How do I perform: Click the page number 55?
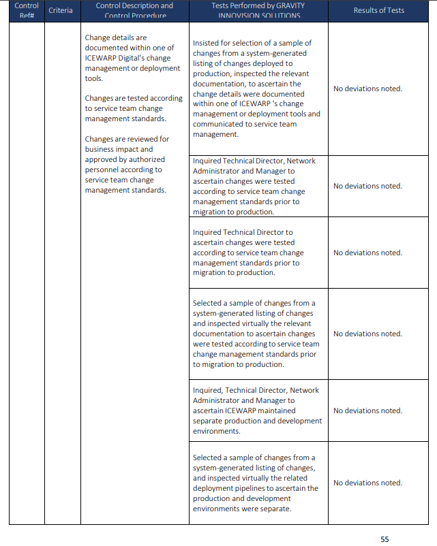[385, 539]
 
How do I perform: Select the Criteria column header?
[61, 10]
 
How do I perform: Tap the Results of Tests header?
[378, 10]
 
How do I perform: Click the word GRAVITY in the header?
[290, 5]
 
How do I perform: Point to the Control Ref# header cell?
[27, 10]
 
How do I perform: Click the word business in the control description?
[100, 149]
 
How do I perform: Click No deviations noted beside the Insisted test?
[367, 89]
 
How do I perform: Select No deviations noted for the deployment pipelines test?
[367, 483]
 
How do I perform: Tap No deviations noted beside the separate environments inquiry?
[367, 411]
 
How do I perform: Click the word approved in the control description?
[100, 159]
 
